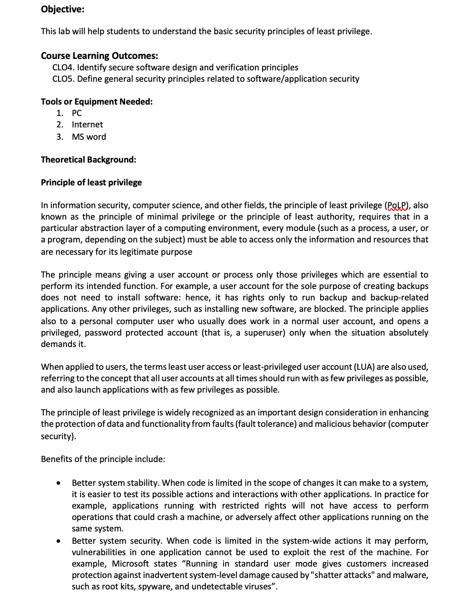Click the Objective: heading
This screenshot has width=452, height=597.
pyautogui.click(x=62, y=9)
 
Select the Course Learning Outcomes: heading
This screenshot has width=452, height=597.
pyautogui.click(x=99, y=56)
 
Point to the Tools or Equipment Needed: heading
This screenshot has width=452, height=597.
pyautogui.click(x=97, y=102)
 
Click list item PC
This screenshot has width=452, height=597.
pyautogui.click(x=77, y=113)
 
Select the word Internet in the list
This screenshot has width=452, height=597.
pyautogui.click(x=87, y=125)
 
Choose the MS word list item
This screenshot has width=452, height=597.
pyautogui.click(x=88, y=137)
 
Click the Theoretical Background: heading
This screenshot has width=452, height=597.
pyautogui.click(x=88, y=160)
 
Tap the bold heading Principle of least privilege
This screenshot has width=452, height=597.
pyautogui.click(x=91, y=183)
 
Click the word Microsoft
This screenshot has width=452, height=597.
pyautogui.click(x=132, y=564)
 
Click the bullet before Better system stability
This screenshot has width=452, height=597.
pyautogui.click(x=58, y=483)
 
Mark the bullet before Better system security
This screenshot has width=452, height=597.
pyautogui.click(x=58, y=541)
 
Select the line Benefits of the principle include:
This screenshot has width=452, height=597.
pyautogui.click(x=103, y=459)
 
